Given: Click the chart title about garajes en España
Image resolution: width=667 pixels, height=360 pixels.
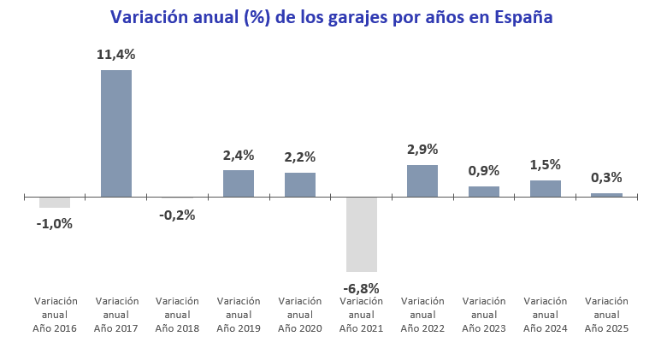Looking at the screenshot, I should (x=332, y=18).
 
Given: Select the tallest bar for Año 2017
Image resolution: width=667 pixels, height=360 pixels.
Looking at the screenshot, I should (x=116, y=133).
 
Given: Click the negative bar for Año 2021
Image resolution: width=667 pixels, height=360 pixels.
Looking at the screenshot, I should (x=361, y=234).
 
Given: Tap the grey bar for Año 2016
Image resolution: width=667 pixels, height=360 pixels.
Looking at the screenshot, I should (x=55, y=203).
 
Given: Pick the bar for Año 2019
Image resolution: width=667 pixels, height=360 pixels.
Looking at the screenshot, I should (x=239, y=184).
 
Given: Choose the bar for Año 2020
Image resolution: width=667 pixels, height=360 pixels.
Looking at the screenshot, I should (x=300, y=185).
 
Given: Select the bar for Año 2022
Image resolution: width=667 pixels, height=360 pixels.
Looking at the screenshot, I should (x=422, y=181).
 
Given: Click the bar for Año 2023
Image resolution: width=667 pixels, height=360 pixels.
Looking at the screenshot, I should (x=484, y=192).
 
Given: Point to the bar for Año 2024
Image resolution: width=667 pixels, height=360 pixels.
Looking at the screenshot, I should (x=546, y=189).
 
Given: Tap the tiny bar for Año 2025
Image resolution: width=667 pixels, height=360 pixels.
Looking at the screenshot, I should (x=606, y=195).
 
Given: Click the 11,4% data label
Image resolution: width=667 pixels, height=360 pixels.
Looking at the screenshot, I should (x=115, y=55).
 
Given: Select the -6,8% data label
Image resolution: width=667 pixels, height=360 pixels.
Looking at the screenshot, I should (x=361, y=288).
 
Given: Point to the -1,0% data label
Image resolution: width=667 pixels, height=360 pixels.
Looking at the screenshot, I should (x=55, y=224).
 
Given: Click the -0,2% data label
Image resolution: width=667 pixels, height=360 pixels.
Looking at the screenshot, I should (x=177, y=215).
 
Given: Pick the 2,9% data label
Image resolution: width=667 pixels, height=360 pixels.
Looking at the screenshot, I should (x=422, y=150).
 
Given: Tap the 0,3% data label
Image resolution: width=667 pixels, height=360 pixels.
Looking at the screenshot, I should (x=606, y=178).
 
